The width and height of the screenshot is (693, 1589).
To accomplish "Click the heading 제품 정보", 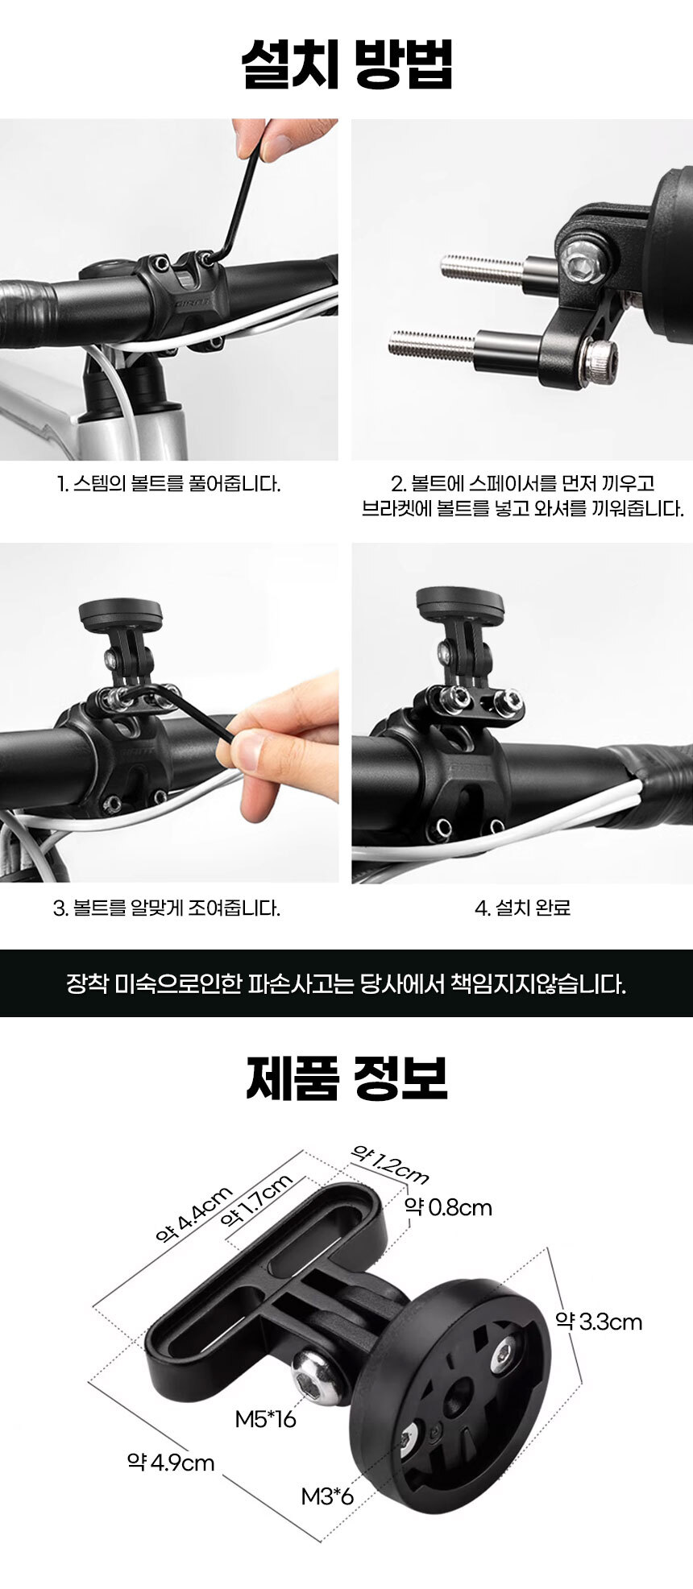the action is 346,1078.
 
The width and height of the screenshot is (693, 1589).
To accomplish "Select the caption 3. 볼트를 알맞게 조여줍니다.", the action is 167,908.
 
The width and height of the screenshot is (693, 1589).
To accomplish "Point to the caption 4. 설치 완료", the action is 523,908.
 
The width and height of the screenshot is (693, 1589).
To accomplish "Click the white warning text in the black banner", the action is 346,984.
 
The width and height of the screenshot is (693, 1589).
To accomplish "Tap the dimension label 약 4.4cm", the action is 194,1215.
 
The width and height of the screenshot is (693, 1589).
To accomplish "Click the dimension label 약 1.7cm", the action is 256,1200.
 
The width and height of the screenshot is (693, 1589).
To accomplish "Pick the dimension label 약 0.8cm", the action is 448,1207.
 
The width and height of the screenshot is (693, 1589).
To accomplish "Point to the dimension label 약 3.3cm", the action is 599,1322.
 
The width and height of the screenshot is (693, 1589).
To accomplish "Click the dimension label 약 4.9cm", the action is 171,1462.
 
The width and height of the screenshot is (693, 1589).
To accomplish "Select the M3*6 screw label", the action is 328,1497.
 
